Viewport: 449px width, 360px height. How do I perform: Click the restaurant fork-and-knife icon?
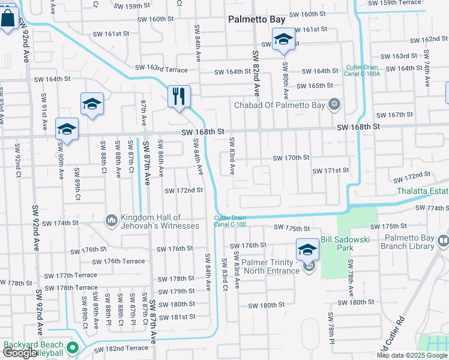178,96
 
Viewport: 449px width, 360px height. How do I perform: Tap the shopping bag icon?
9,19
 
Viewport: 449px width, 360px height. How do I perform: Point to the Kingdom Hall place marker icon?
111,221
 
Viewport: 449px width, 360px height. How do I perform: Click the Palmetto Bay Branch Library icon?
443,242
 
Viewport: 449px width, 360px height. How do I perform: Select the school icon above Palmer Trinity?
307,249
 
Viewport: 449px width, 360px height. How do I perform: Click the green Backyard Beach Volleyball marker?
73,348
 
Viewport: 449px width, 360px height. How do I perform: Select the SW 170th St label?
291,158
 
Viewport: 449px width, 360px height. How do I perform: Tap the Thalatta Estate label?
423,191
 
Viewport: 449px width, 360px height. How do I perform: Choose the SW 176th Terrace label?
118,261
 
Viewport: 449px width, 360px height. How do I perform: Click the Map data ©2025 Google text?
411,355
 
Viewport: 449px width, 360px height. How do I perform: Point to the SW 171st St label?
330,170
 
